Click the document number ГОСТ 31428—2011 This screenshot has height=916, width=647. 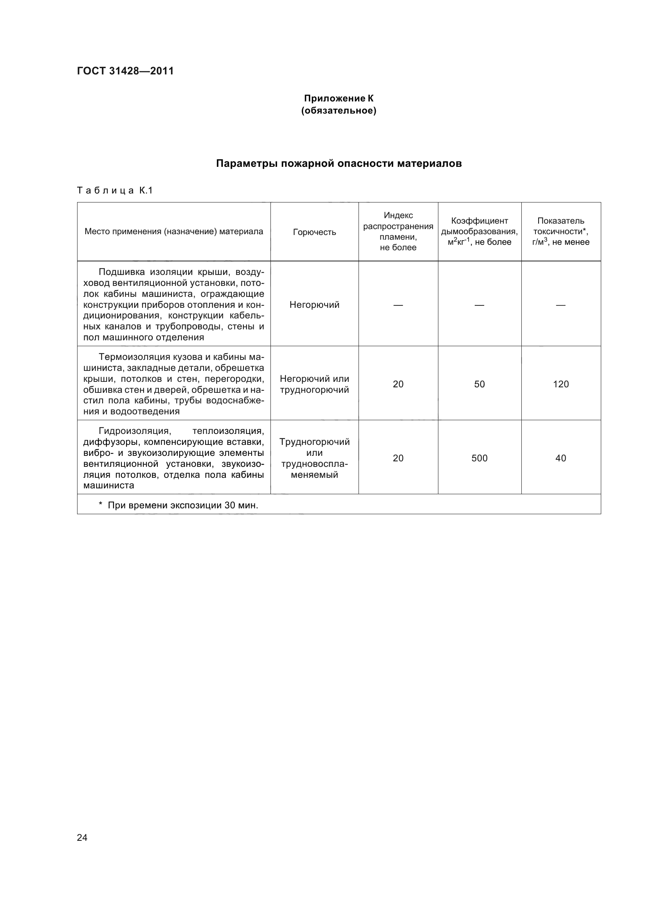coord(125,71)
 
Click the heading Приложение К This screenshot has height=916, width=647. coord(339,98)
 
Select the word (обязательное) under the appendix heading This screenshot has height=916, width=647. coord(339,110)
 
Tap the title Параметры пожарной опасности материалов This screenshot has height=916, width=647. coord(339,164)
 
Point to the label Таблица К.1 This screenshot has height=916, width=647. coord(115,191)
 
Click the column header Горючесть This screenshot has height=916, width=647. coord(314,232)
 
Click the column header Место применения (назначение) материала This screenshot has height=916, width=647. coord(174,231)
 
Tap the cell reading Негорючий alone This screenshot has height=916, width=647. coord(314,305)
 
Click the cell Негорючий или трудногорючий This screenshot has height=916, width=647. coord(314,384)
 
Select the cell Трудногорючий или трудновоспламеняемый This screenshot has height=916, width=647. coord(314,458)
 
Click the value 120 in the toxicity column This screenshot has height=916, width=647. coord(560,384)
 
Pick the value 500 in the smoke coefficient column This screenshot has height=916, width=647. coord(479,458)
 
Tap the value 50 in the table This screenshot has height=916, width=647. coord(479,384)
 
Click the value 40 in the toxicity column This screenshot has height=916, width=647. coord(560,458)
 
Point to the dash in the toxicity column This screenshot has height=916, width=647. coord(560,305)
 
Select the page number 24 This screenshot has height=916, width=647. coord(82,837)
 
